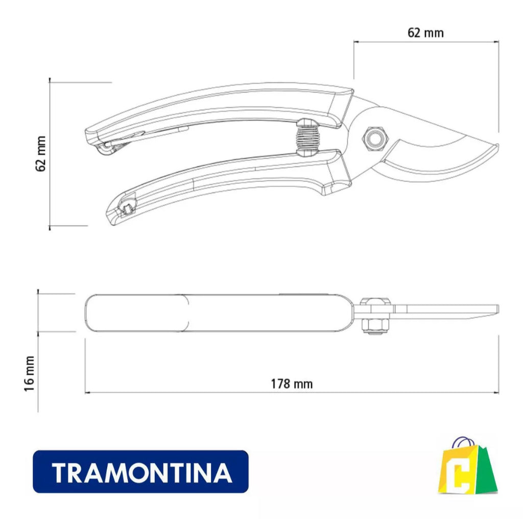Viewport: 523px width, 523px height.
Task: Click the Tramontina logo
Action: pos(140,471)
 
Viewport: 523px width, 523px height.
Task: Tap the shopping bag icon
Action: pos(467,465)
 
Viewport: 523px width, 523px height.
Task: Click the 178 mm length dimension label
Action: pos(292,384)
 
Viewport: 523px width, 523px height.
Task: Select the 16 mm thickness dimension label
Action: pos(29,373)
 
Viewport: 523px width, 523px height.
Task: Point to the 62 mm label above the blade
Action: pos(425,33)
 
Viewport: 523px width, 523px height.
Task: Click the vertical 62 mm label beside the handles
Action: pos(41,154)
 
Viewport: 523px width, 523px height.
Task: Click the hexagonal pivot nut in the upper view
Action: pos(375,138)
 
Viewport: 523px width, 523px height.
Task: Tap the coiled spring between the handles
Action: pos(307,137)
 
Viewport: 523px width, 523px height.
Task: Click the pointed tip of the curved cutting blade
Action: pos(497,145)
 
